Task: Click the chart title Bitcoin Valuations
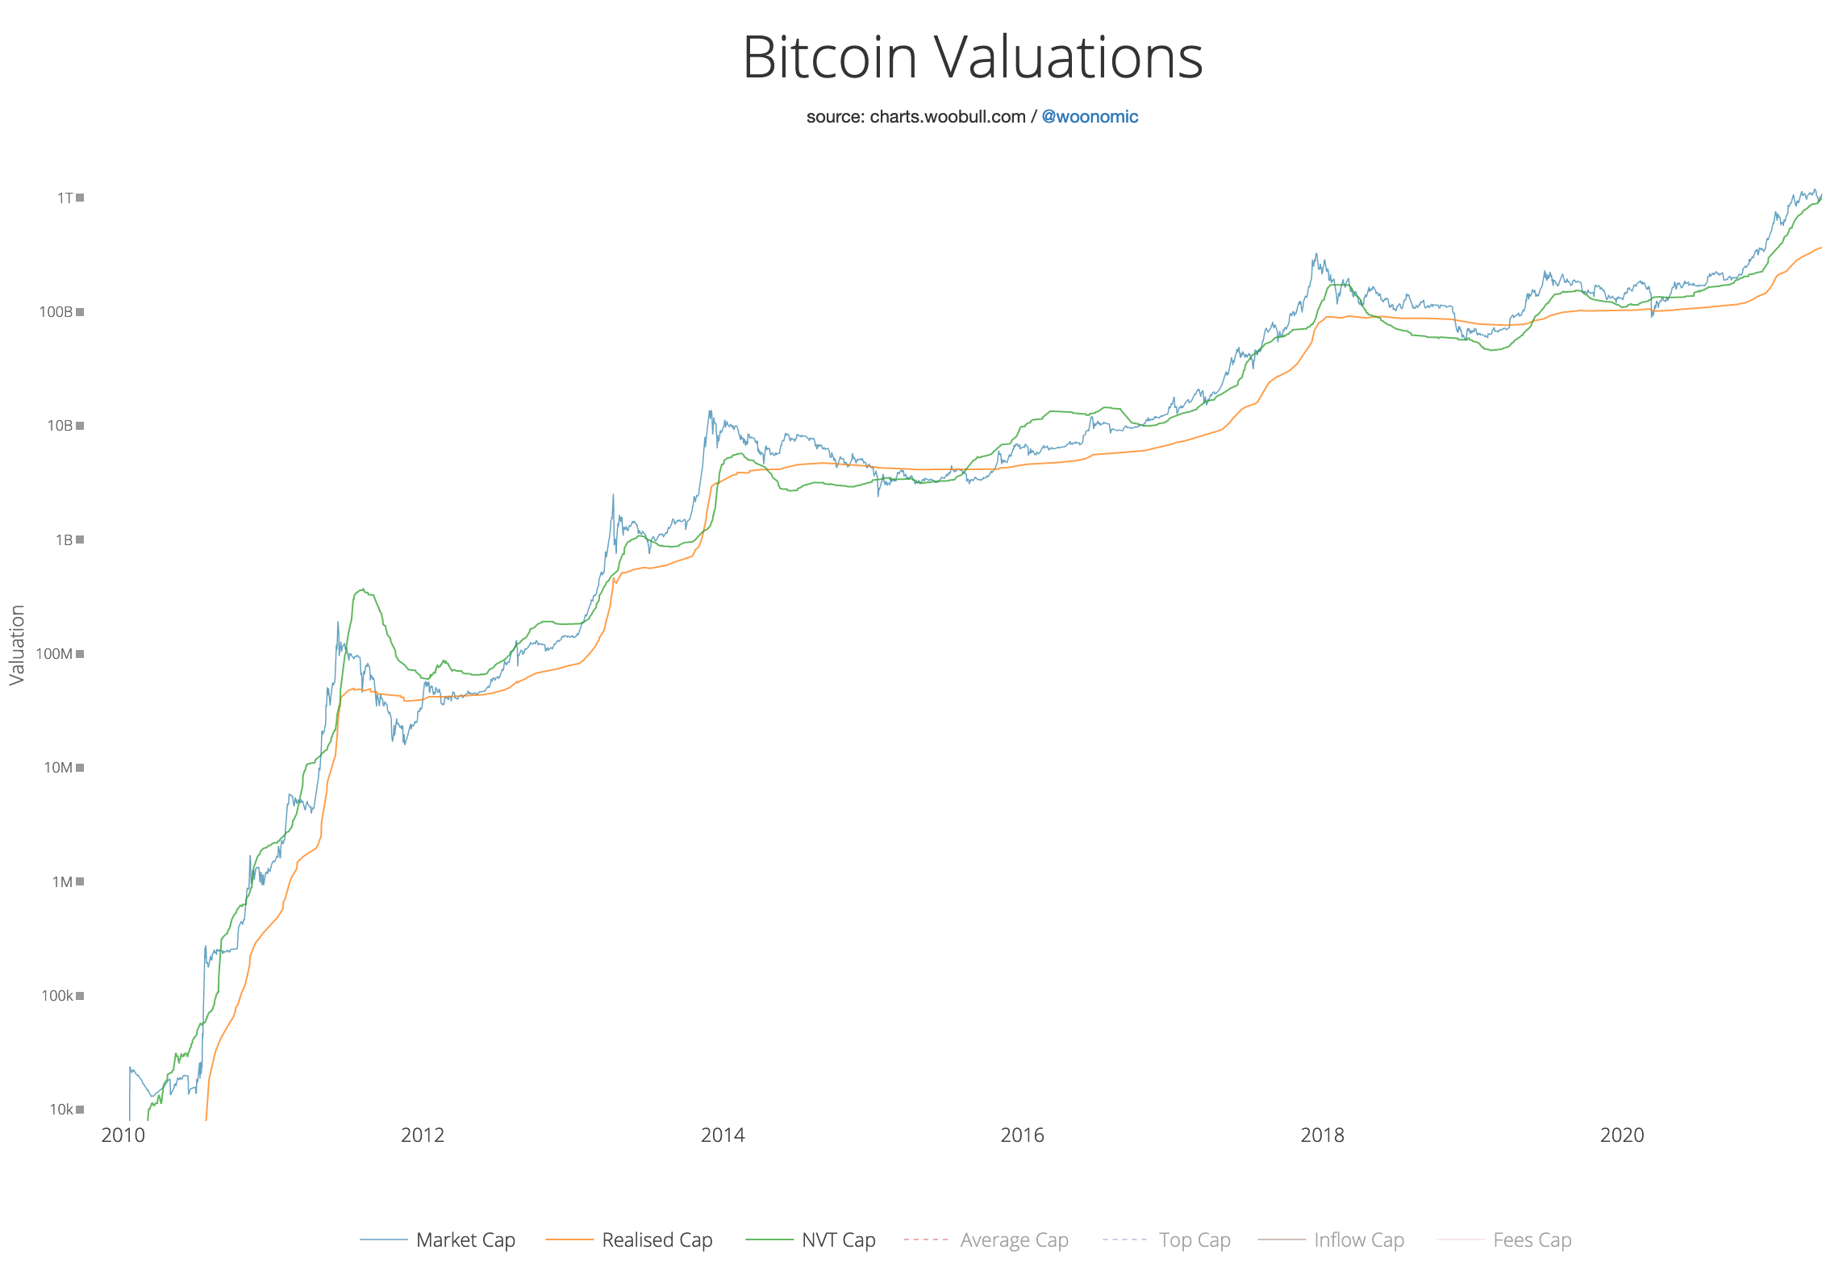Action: coord(972,58)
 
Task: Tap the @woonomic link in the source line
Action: coord(1089,117)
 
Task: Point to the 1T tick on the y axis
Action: coord(65,198)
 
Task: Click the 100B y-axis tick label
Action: coord(56,312)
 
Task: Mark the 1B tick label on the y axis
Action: coord(65,540)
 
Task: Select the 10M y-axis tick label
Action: coord(59,768)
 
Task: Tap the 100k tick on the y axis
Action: coord(58,996)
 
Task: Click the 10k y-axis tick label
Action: coord(61,1110)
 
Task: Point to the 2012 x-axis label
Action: coord(423,1135)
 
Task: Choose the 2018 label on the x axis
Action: coord(1322,1135)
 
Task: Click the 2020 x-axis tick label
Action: coord(1622,1135)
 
